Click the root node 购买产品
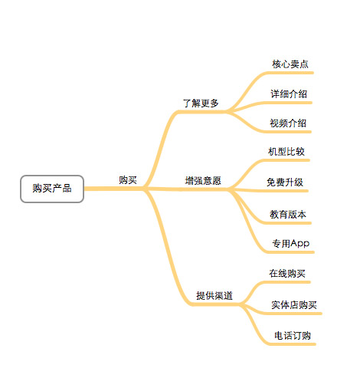[52, 189]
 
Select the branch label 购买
[128, 180]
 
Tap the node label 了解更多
[201, 104]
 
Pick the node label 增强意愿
[203, 181]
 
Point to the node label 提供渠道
[214, 296]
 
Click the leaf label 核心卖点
[290, 64]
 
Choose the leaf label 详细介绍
[289, 94]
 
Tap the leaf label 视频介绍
[288, 123]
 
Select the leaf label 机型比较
[286, 152]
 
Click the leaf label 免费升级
[285, 182]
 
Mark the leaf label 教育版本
[288, 214]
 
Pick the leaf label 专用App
[291, 244]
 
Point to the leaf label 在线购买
[287, 274]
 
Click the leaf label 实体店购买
[294, 305]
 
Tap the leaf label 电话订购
[293, 336]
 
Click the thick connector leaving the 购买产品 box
[114, 189]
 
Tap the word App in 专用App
[300, 244]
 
